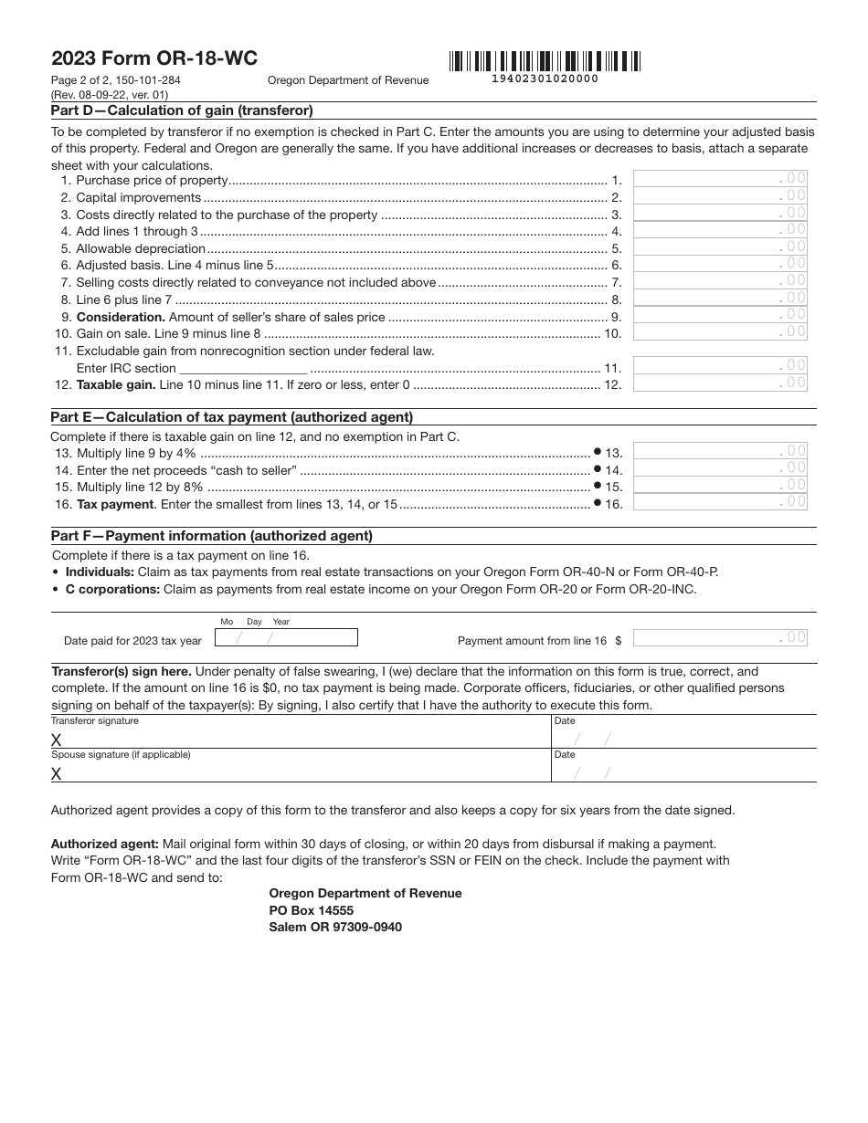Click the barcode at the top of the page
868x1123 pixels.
point(545,61)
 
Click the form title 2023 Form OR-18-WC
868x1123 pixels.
point(154,58)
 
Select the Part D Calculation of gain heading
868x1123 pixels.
point(182,110)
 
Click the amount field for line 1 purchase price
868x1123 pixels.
point(720,179)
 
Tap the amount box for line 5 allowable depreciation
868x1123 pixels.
point(720,247)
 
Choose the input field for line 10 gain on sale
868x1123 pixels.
point(720,332)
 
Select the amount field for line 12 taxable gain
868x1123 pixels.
point(720,383)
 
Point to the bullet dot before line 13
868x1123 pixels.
point(597,451)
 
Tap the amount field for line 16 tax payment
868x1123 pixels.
point(720,501)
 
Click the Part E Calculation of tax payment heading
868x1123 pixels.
point(232,417)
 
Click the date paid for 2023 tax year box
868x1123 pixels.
point(285,638)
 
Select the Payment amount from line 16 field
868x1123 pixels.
point(720,637)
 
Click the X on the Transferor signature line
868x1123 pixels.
point(57,740)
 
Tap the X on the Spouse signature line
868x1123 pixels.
point(57,773)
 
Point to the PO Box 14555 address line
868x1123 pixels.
point(311,910)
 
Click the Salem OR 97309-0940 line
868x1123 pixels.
point(334,927)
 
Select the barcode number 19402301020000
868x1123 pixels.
point(545,79)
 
